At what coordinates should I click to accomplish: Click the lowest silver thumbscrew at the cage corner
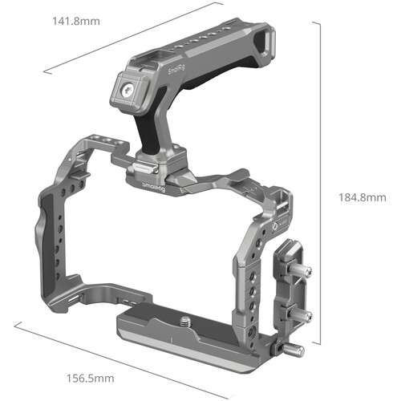pos(295,350)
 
